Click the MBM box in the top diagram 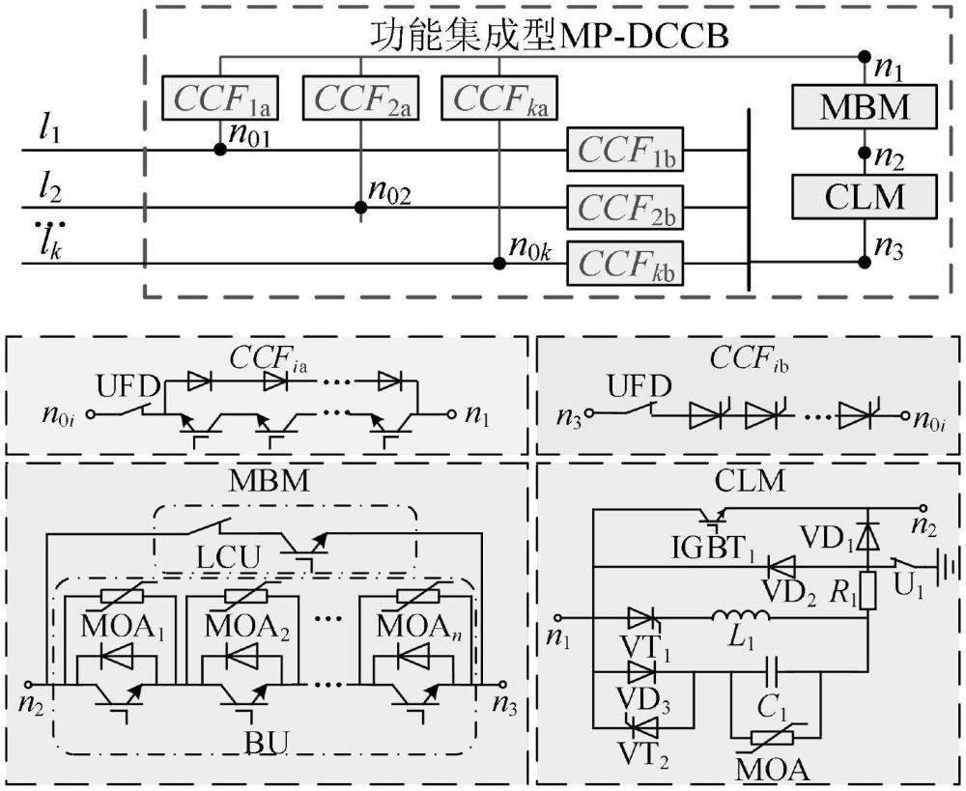click(864, 105)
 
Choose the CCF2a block click(360, 98)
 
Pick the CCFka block click(499, 98)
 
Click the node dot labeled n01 click(220, 150)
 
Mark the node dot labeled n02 click(360, 207)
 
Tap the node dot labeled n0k click(499, 263)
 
